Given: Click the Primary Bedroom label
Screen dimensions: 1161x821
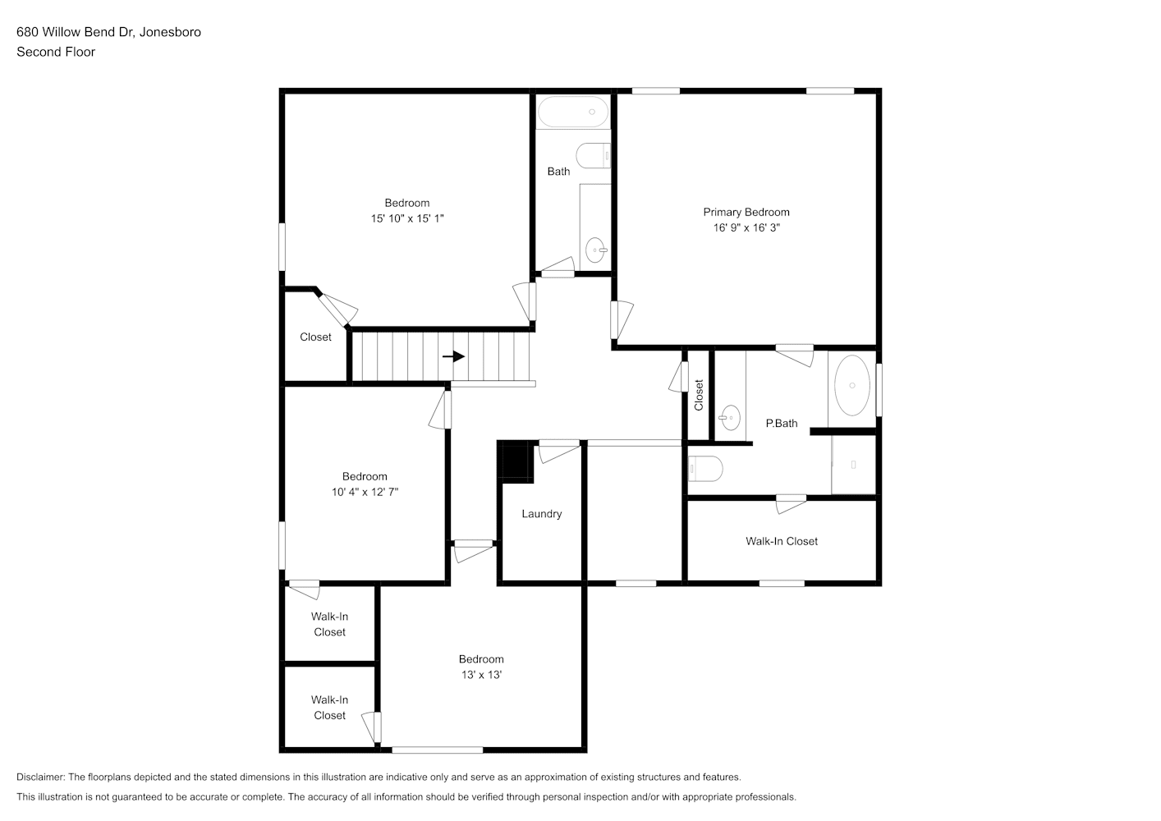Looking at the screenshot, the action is [x=746, y=212].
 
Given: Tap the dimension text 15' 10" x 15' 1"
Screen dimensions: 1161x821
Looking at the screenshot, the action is [x=407, y=218].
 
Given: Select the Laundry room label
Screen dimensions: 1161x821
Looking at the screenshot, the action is [x=542, y=514].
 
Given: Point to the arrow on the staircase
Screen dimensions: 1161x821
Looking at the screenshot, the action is [x=453, y=356].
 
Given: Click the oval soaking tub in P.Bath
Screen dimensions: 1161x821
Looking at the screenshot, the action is [x=852, y=386].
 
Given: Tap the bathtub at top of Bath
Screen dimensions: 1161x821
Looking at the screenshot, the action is [x=573, y=112].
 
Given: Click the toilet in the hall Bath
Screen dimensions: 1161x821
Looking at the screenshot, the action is [x=594, y=155].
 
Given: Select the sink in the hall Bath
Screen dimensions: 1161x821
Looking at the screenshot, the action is [x=596, y=250].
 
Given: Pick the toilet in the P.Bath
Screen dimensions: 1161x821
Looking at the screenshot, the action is [x=705, y=469].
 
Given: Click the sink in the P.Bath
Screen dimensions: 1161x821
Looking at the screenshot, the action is [x=730, y=417].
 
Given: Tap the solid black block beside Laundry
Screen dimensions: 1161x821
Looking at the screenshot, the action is [x=515, y=461].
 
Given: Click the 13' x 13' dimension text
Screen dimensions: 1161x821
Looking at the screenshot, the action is [x=481, y=674].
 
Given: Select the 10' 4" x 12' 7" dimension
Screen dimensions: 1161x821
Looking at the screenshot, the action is [x=365, y=491].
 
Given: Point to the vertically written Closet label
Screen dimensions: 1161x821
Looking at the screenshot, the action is [x=699, y=395].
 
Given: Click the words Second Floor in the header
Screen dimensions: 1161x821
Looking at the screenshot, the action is [x=56, y=52].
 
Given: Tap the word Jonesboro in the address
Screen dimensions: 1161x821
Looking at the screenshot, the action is [x=170, y=32].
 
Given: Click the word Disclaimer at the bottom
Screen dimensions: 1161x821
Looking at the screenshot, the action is [x=40, y=777].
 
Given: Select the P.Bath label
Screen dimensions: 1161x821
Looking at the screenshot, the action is [x=782, y=423].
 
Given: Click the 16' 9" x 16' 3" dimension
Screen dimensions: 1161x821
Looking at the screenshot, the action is [x=746, y=227].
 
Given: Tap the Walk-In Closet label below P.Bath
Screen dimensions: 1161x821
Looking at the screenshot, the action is [x=782, y=541].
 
